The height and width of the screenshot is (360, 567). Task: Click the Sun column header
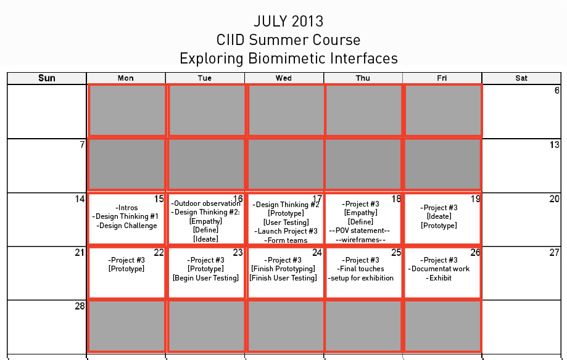47,78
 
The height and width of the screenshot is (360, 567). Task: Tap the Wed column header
284,78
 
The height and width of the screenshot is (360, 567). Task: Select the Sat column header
521,78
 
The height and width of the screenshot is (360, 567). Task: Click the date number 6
557,91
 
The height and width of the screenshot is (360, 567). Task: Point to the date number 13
554,145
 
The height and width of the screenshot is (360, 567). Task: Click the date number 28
80,306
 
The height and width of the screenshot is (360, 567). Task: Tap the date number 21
80,252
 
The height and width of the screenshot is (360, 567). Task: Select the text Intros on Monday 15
126,208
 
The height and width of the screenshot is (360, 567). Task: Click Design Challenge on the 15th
126,226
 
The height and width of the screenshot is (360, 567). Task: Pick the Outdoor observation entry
205,203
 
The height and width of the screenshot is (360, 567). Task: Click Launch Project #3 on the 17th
286,231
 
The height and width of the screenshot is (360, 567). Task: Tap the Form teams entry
286,240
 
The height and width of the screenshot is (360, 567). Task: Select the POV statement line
360,231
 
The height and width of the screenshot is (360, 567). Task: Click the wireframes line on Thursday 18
360,240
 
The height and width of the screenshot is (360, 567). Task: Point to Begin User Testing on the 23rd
205,278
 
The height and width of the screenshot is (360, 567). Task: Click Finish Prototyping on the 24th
283,269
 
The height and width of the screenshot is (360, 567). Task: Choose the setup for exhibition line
360,278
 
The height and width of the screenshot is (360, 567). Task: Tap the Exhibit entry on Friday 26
439,278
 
